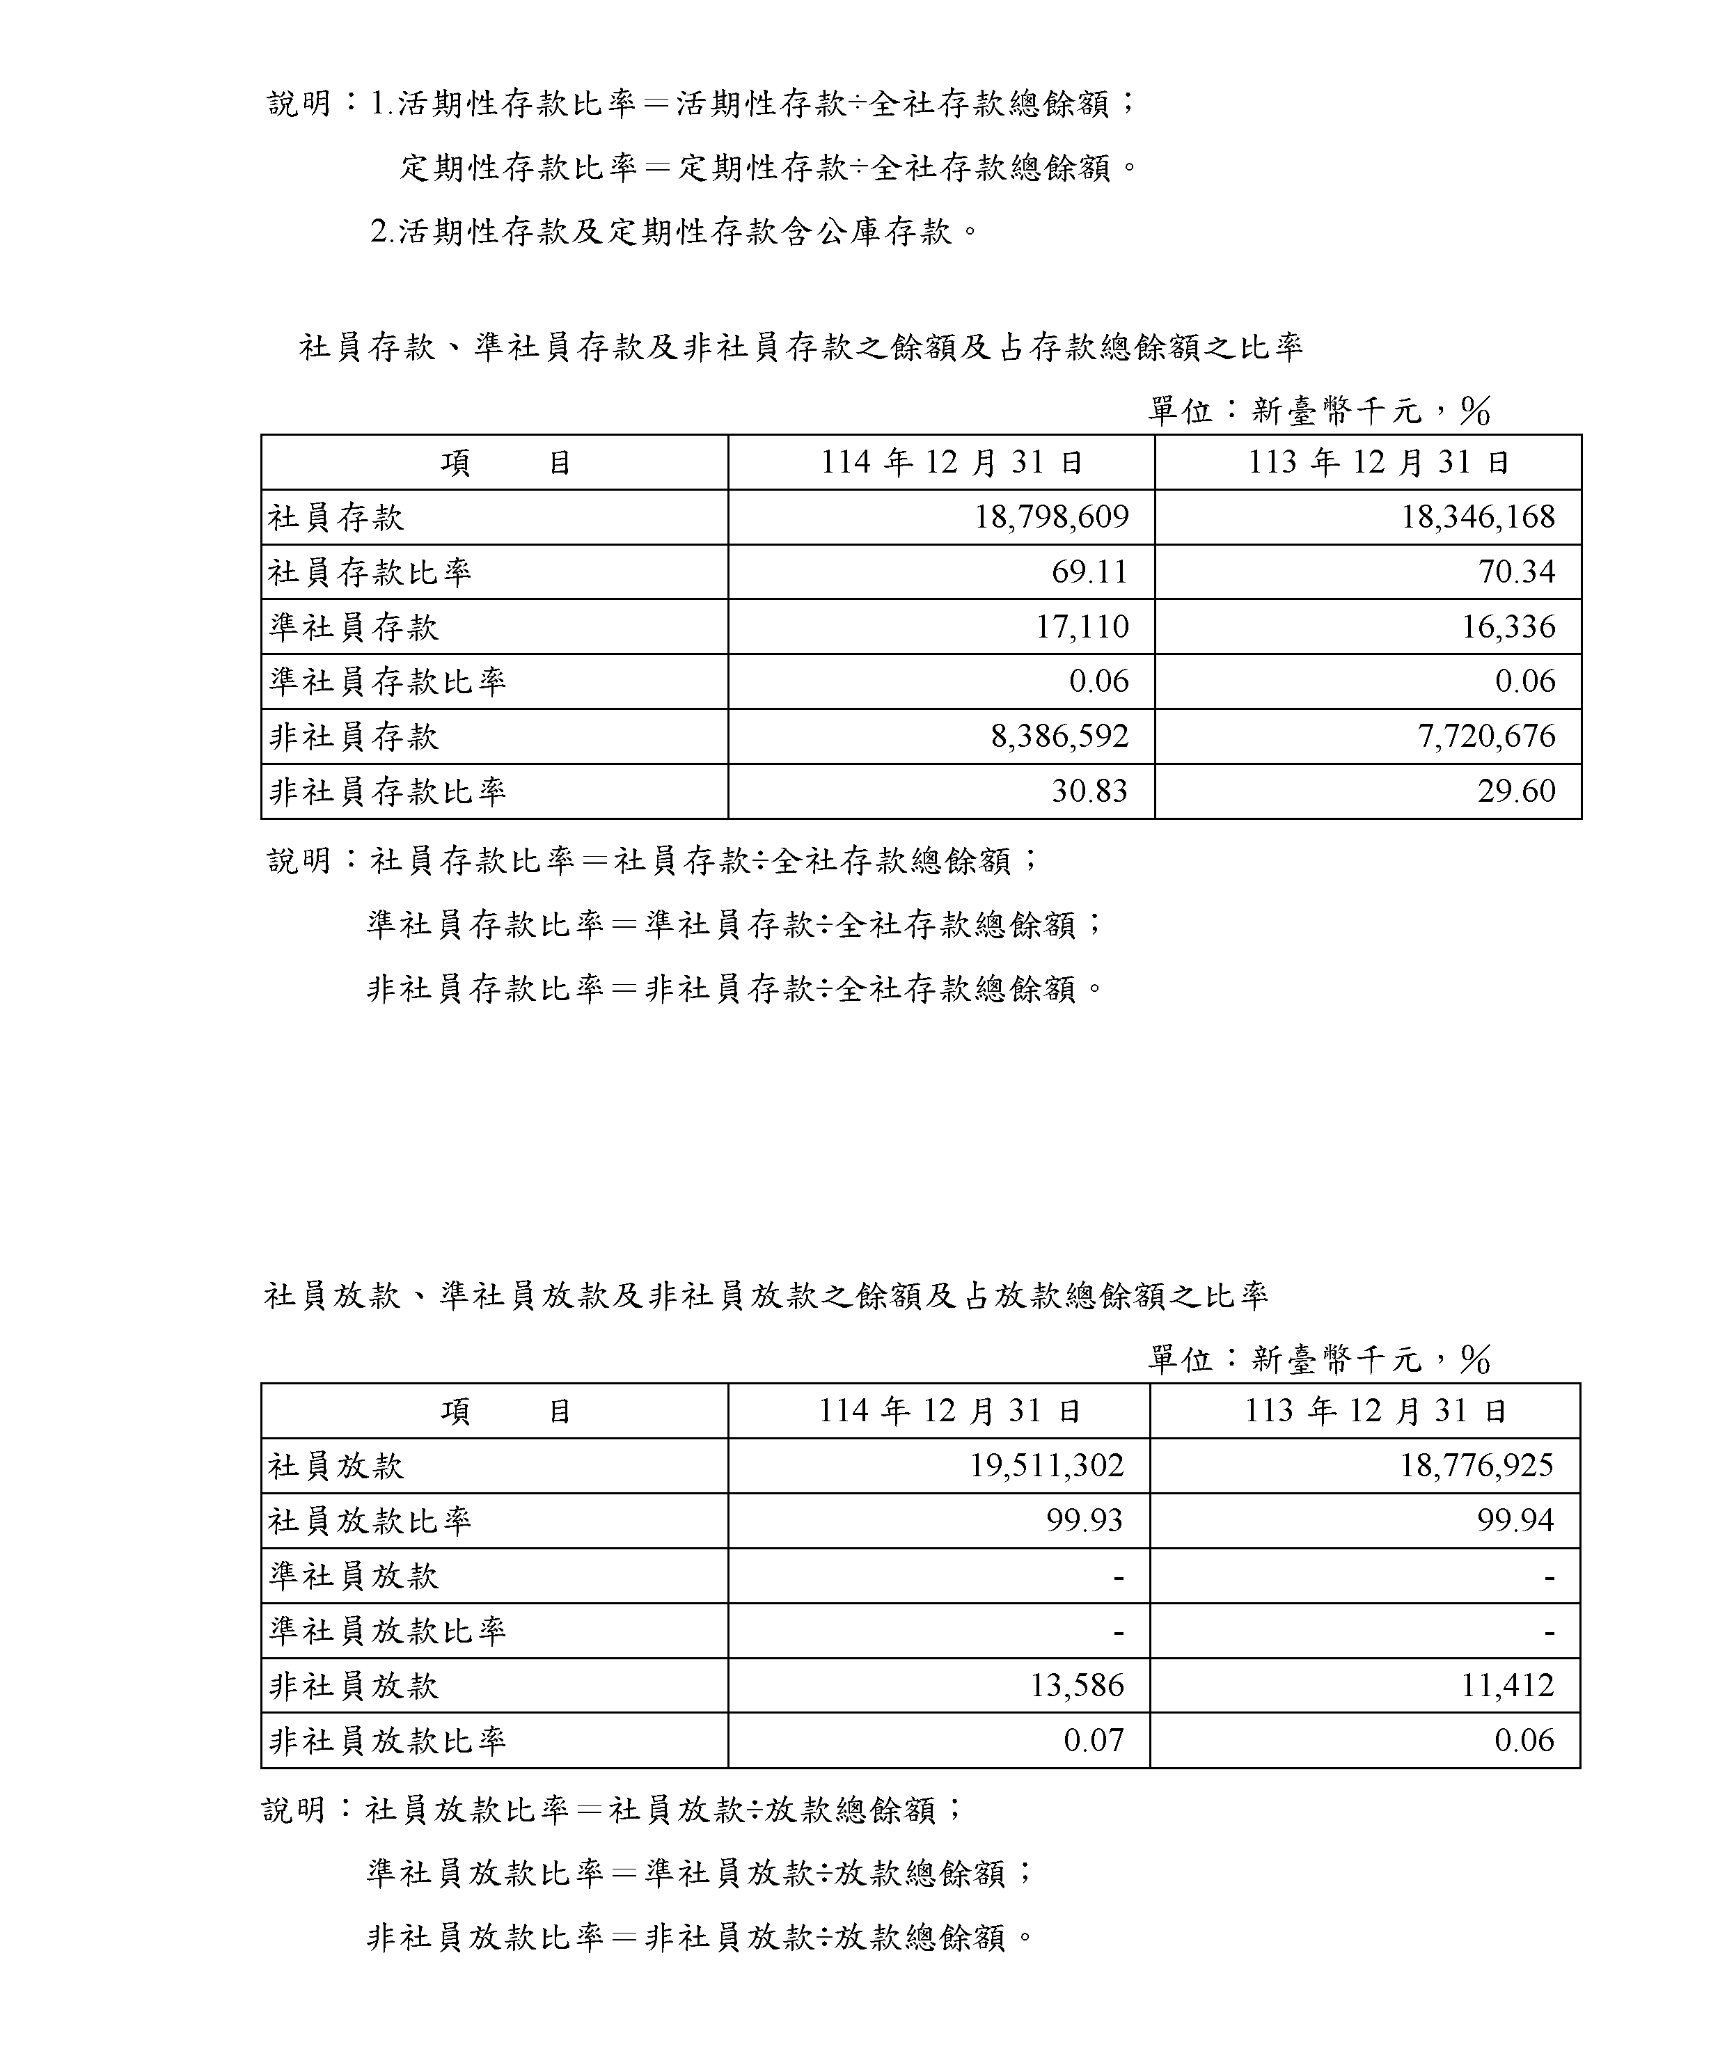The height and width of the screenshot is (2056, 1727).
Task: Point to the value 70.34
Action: coord(1517,571)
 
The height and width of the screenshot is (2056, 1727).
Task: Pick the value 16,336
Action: coord(1508,626)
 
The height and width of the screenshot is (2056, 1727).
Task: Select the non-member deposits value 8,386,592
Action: coord(1059,736)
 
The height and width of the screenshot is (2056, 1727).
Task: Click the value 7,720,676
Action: coord(1486,736)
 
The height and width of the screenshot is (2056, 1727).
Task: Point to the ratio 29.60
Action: coord(1517,791)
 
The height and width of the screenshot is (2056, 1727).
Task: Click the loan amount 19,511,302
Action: coord(1047,1466)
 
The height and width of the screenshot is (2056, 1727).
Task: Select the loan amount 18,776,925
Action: coord(1476,1466)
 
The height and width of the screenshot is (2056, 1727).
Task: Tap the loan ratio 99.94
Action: coord(1515,1521)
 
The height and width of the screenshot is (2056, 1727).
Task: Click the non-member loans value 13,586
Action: coord(1077,1685)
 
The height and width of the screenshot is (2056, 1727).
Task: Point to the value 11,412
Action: coord(1508,1685)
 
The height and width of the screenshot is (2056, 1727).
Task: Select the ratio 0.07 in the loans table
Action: coord(1094,1740)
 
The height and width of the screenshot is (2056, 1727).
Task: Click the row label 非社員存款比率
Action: coord(388,791)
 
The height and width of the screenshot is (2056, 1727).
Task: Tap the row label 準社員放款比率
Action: coord(388,1630)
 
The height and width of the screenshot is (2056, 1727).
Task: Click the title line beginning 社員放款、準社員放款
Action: coord(766,1296)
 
